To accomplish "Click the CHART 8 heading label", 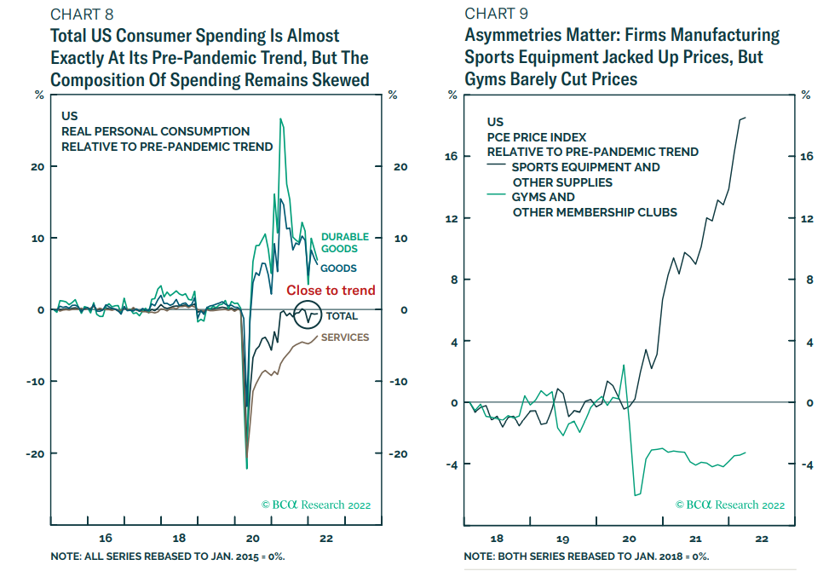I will pyautogui.click(x=82, y=14).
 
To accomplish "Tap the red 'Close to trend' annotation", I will pyautogui.click(x=331, y=291).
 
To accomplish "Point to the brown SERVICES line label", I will pyautogui.click(x=345, y=337).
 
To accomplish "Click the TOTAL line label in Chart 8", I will pyautogui.click(x=342, y=316).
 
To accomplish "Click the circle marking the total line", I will pyautogui.click(x=308, y=315).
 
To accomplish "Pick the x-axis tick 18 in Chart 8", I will pyautogui.click(x=180, y=539).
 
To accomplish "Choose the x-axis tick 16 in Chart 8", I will pyautogui.click(x=106, y=539).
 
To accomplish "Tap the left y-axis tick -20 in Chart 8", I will pyautogui.click(x=33, y=453).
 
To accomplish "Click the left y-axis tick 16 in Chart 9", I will pyautogui.click(x=452, y=157).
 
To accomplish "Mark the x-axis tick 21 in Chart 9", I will pyautogui.click(x=695, y=539).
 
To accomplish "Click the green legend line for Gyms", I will pyautogui.click(x=498, y=197).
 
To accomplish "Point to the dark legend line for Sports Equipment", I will pyautogui.click(x=498, y=167).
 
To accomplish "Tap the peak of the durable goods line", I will pyautogui.click(x=281, y=119).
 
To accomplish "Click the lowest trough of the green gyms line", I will pyautogui.click(x=635, y=495).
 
